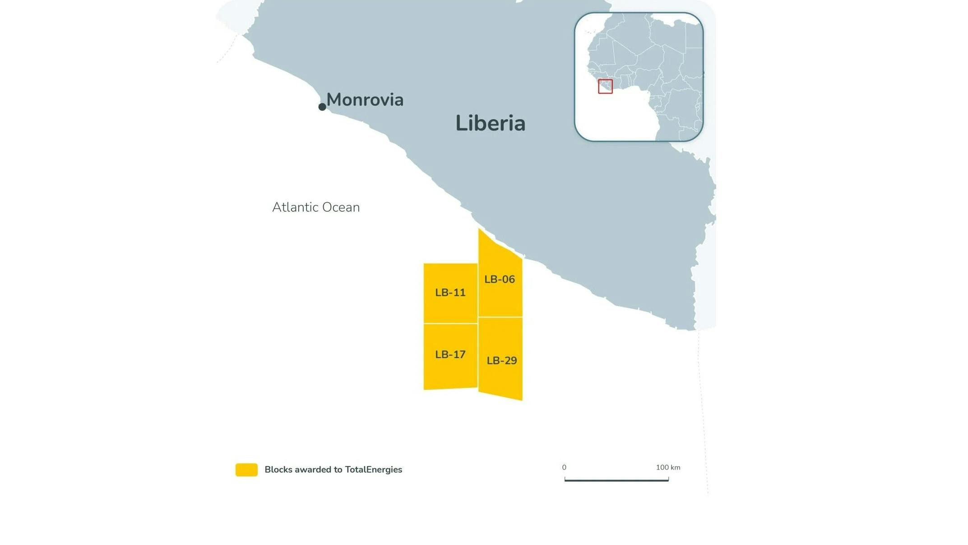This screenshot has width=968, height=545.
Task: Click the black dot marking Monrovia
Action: coord(322,107)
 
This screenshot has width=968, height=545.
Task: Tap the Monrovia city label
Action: coord(365,100)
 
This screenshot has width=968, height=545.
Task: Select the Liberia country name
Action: coord(490,123)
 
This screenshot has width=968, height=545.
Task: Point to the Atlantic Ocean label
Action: coord(316,207)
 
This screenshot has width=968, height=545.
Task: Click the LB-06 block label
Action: coord(500,279)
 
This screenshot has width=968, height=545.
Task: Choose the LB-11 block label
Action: coord(450,293)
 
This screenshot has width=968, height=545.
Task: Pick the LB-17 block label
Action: coord(450,354)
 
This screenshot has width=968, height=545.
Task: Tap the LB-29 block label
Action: coord(501,361)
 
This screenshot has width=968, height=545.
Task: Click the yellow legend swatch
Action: coord(246,470)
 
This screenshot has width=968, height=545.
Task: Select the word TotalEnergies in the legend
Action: coord(374,470)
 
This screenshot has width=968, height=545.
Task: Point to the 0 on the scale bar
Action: coord(564,467)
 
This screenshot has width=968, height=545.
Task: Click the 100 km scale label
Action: coord(668,467)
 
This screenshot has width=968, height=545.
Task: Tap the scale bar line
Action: coord(616,480)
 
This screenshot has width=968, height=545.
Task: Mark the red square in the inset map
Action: coord(605,86)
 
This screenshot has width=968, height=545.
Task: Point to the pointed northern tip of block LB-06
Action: coord(479,230)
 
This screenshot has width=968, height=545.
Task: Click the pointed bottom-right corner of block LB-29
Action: coord(522,399)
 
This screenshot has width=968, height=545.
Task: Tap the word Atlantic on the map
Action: coord(295,207)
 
